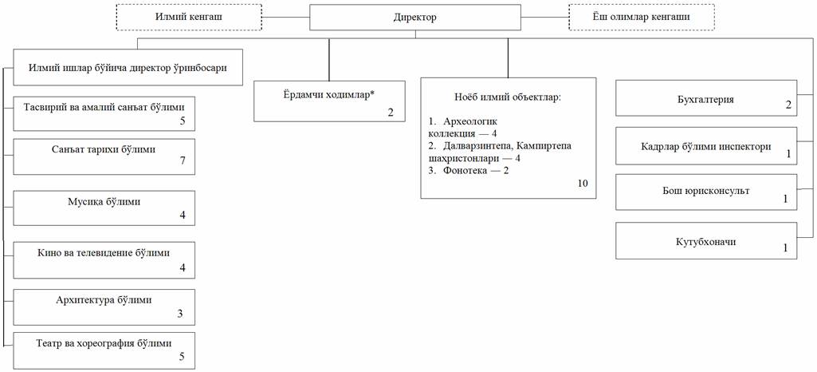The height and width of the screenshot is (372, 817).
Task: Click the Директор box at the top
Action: (x=414, y=18)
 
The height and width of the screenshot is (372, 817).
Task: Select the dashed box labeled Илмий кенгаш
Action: (x=189, y=17)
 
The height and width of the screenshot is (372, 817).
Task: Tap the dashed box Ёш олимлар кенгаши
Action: (x=642, y=17)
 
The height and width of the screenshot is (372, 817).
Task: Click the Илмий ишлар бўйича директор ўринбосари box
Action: (x=128, y=67)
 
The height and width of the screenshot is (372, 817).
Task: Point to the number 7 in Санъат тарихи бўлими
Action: (x=183, y=160)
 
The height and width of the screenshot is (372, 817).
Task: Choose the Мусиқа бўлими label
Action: (x=104, y=202)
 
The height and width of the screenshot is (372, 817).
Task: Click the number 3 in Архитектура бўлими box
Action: (x=180, y=314)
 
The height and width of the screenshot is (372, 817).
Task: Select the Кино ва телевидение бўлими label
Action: (x=104, y=254)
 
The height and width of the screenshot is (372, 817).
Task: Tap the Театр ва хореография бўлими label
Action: (x=104, y=343)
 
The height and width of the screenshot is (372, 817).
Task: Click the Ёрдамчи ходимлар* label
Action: (x=329, y=94)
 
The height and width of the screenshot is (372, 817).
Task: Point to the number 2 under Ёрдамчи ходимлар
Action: (x=391, y=112)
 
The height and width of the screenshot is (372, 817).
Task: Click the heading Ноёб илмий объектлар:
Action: (x=508, y=97)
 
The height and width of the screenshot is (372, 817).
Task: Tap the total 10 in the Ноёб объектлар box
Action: (x=583, y=183)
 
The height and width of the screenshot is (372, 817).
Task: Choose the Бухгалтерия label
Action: (x=706, y=99)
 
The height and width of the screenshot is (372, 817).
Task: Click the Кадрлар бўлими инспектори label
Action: (x=706, y=147)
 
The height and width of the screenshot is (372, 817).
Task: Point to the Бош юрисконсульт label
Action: (x=706, y=191)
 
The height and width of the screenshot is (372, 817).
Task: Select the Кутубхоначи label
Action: (x=706, y=243)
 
